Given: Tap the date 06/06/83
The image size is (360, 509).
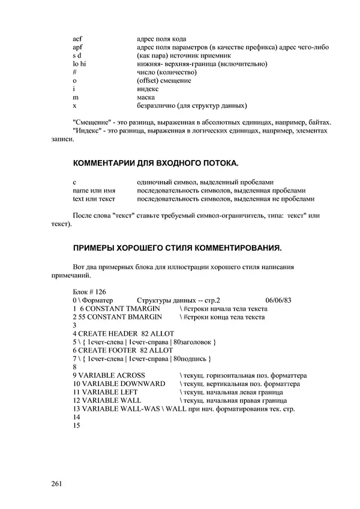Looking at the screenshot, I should coord(278,299).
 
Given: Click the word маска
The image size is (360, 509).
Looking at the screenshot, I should coord(146,98).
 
